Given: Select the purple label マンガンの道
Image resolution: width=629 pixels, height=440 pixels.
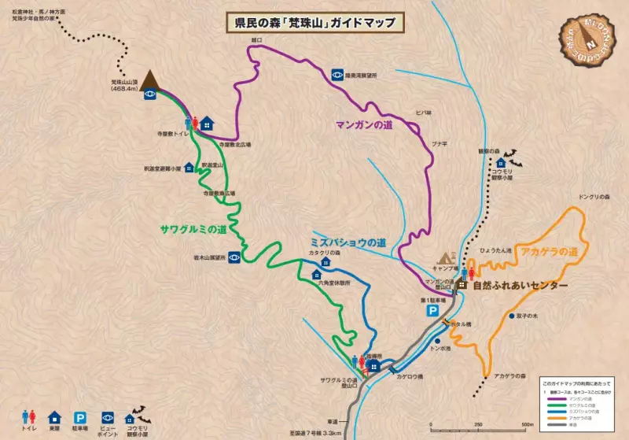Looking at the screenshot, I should (363, 124).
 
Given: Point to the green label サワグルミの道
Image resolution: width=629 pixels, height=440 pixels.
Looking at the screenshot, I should (193, 229).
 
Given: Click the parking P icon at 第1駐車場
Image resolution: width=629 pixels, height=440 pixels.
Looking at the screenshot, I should (432, 312).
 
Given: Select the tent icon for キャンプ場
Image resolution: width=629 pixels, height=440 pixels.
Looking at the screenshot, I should (447, 257).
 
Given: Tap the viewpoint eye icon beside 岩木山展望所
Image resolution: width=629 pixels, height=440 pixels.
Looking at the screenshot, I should (234, 257).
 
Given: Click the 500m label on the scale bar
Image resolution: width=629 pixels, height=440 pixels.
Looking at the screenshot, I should (527, 425).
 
